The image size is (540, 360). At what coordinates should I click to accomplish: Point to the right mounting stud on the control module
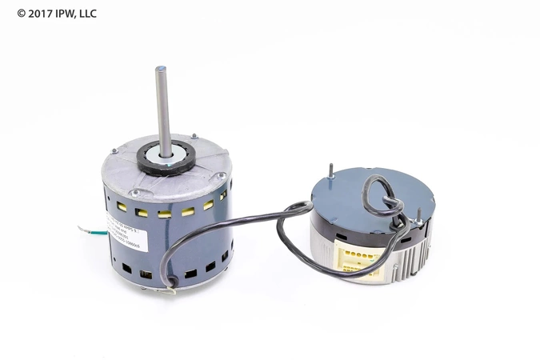(x=418, y=215)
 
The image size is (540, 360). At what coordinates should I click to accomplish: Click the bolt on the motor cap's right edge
(x=218, y=176)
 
